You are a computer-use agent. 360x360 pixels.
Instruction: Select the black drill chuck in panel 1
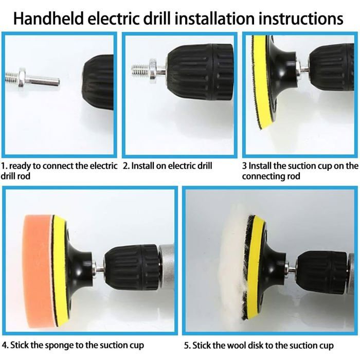click(x=98, y=82)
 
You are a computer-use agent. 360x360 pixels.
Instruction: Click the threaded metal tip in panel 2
click(x=140, y=69)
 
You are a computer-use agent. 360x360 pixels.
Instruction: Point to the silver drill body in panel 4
click(x=167, y=266)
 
